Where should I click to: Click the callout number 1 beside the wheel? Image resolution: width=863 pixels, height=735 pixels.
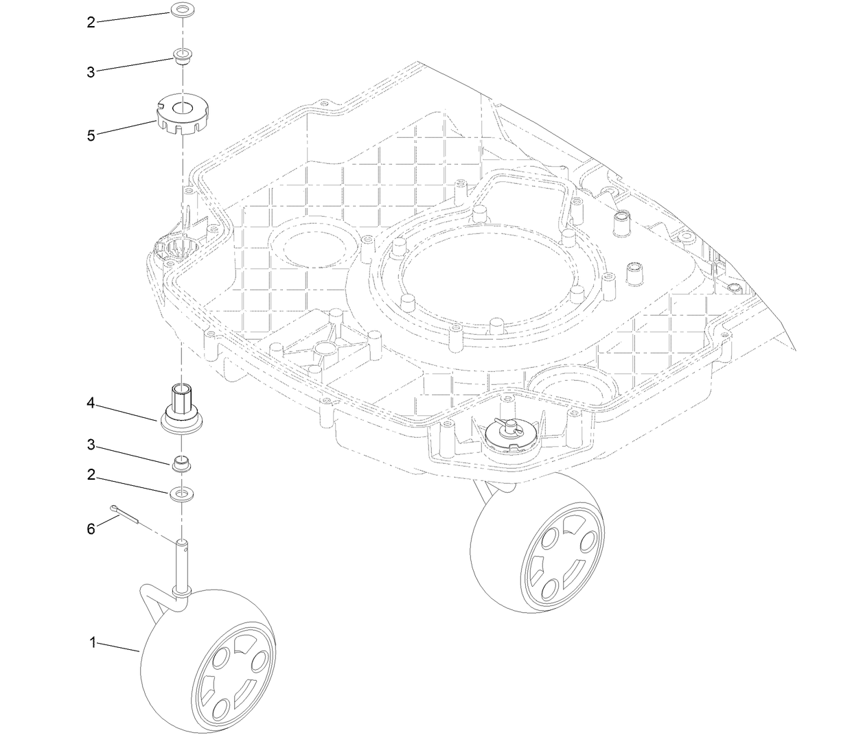pyautogui.click(x=91, y=642)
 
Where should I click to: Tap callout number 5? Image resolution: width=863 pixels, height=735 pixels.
pyautogui.click(x=91, y=135)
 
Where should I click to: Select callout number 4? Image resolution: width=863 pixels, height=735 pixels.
pyautogui.click(x=91, y=403)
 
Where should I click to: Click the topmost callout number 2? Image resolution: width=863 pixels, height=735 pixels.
pyautogui.click(x=91, y=22)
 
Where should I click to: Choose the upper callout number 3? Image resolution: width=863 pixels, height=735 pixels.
pyautogui.click(x=91, y=71)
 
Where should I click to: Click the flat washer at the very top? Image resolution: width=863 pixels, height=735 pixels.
pyautogui.click(x=182, y=11)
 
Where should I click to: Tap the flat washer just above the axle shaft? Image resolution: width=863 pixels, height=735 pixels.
pyautogui.click(x=182, y=493)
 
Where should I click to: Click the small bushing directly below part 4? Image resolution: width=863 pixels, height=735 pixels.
pyautogui.click(x=181, y=463)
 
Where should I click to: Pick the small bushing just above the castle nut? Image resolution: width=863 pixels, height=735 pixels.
pyautogui.click(x=182, y=55)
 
